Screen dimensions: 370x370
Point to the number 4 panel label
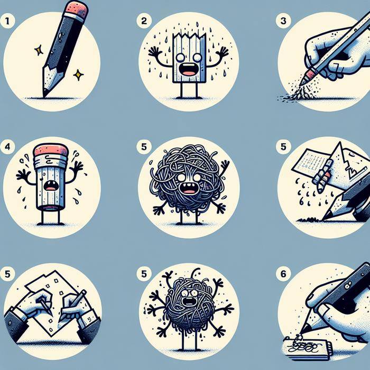tap(6, 147)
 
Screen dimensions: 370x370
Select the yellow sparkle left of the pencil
tap(39, 50)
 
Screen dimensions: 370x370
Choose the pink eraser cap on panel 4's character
tap(50, 149)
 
